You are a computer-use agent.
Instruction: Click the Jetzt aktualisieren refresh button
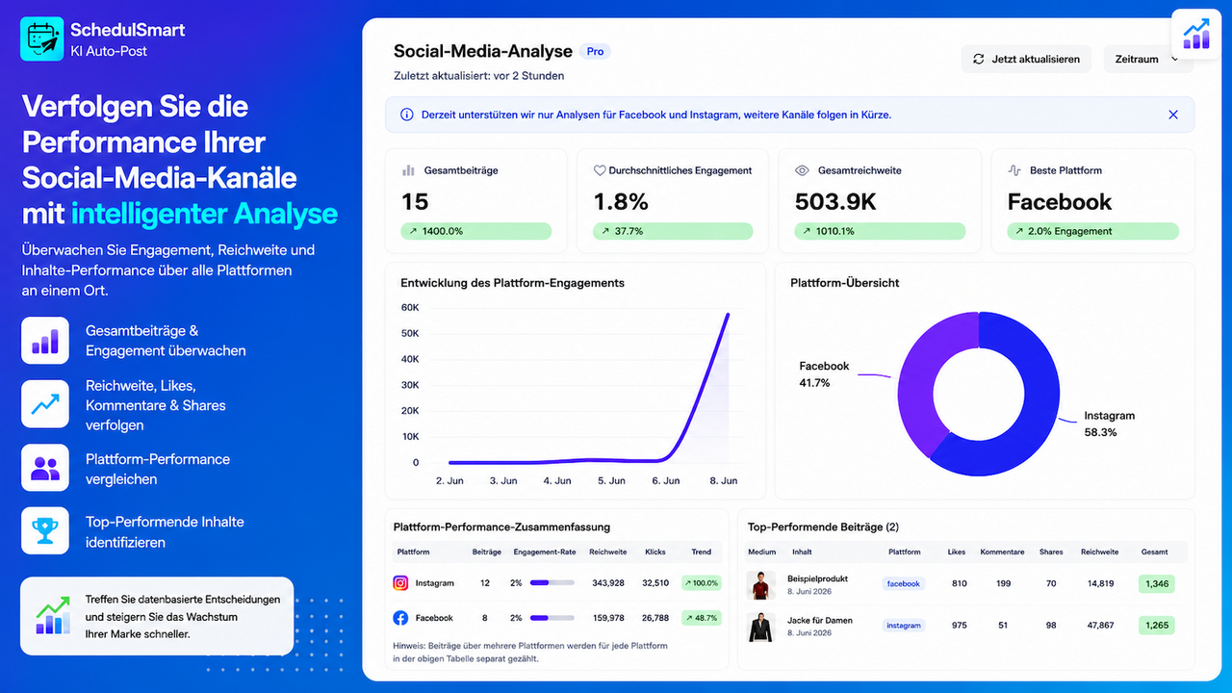[x=1026, y=59]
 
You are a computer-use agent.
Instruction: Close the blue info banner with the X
[x=1173, y=115]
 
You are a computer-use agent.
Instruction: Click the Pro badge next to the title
[x=595, y=51]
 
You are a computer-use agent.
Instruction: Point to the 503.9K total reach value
[x=834, y=202]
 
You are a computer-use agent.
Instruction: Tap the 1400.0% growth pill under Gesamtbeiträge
[x=475, y=231]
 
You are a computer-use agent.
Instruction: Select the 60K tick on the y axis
[x=410, y=307]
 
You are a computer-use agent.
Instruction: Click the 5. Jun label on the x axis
[x=611, y=480]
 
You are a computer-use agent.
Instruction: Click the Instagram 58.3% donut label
[x=1109, y=423]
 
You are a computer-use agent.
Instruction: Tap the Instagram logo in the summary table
[x=400, y=583]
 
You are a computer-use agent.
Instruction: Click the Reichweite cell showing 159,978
[x=608, y=618]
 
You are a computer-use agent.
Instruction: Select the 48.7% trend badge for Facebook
[x=702, y=618]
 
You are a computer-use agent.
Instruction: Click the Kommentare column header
[x=1002, y=552]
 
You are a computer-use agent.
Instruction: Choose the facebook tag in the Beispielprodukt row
[x=903, y=583]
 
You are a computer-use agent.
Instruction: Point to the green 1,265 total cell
[x=1157, y=626]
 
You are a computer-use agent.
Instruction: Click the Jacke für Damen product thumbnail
[x=760, y=627]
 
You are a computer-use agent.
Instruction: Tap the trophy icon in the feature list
[x=45, y=530]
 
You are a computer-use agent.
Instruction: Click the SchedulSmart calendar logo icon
[x=41, y=38]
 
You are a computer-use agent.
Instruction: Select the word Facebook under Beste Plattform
[x=1060, y=202]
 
